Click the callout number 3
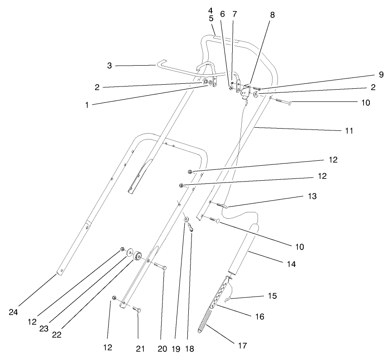pos(109,66)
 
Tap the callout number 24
pos(14,312)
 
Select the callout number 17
pos(242,346)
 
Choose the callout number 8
pos(272,14)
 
